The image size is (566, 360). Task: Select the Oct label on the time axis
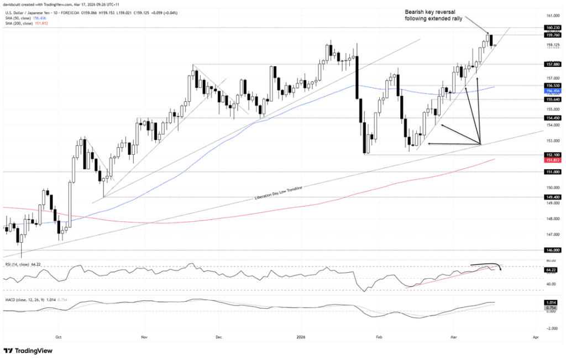(58, 336)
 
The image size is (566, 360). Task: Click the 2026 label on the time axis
(301, 336)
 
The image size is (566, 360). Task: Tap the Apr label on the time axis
(535, 336)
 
